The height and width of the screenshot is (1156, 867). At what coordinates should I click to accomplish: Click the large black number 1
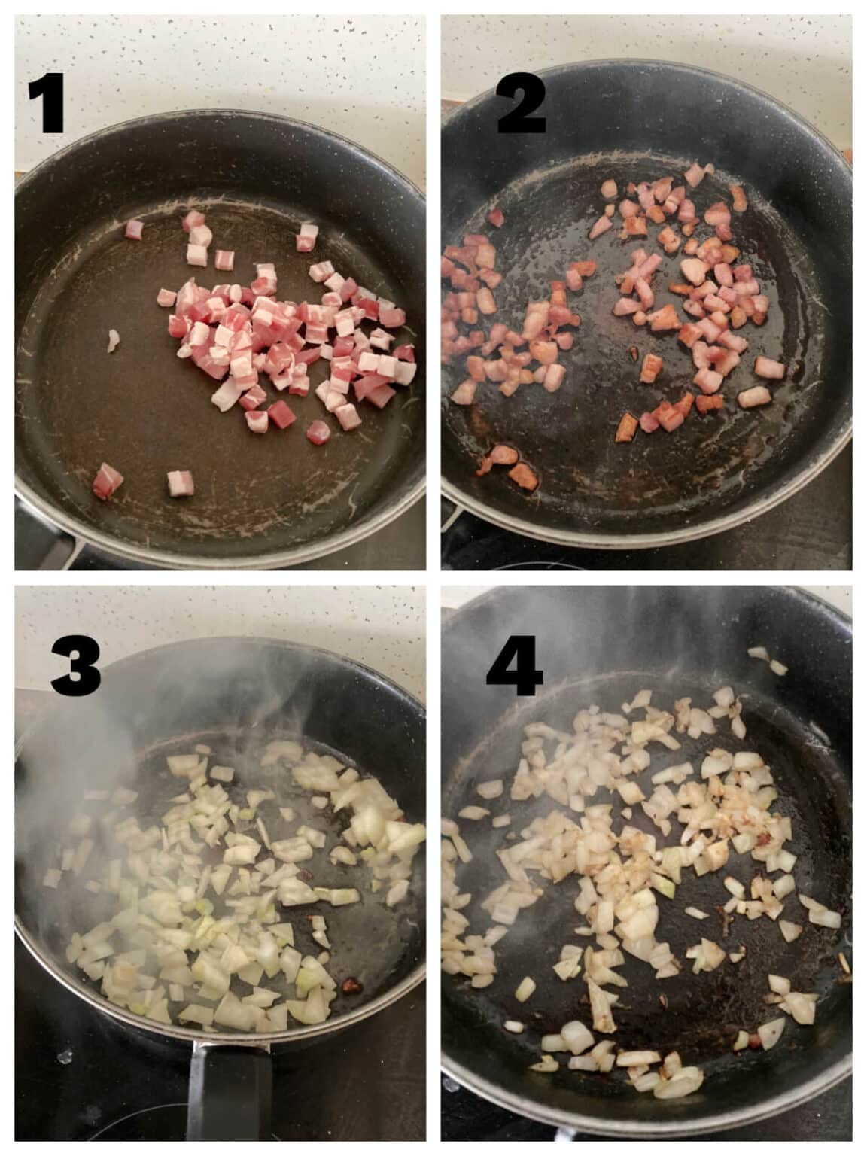point(46,105)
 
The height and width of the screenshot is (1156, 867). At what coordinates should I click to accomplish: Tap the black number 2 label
point(522,107)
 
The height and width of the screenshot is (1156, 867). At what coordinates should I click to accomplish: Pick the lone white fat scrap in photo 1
point(113,340)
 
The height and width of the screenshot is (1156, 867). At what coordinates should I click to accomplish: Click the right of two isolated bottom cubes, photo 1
point(180,482)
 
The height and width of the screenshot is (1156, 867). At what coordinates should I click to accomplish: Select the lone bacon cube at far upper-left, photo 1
point(133,229)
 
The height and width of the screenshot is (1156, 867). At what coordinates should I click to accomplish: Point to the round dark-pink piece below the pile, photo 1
point(318,431)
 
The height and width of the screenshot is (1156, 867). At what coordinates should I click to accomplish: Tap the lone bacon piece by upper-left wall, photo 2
point(494,218)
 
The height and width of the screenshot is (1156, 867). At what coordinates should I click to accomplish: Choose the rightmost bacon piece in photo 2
point(769,367)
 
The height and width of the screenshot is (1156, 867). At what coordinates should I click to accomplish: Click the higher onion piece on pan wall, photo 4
point(757,653)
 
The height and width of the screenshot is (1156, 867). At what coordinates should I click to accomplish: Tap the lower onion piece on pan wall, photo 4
point(777,667)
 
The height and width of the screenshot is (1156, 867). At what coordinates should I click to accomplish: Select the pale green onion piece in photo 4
point(663,889)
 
